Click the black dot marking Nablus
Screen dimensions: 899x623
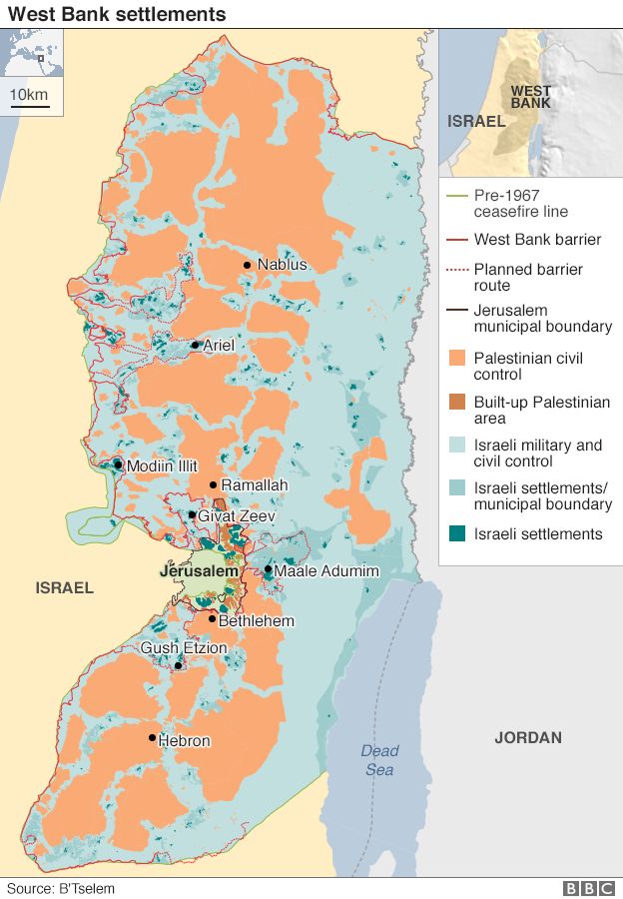point(247,265)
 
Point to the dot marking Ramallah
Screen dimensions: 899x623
point(213,485)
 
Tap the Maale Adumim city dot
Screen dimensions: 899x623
point(268,569)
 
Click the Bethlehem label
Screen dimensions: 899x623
point(257,621)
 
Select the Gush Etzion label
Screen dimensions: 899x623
point(184,648)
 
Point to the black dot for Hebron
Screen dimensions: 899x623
point(152,738)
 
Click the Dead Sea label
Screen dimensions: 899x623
point(379,760)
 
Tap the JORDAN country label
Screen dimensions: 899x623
point(528,738)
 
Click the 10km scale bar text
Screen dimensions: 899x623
point(29,94)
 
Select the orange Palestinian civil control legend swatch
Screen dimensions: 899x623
point(456,359)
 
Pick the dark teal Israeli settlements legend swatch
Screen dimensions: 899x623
point(456,534)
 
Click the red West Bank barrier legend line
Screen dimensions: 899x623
point(456,240)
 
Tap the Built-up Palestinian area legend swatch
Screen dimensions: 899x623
point(456,403)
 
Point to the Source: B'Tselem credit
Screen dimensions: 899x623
point(61,888)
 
